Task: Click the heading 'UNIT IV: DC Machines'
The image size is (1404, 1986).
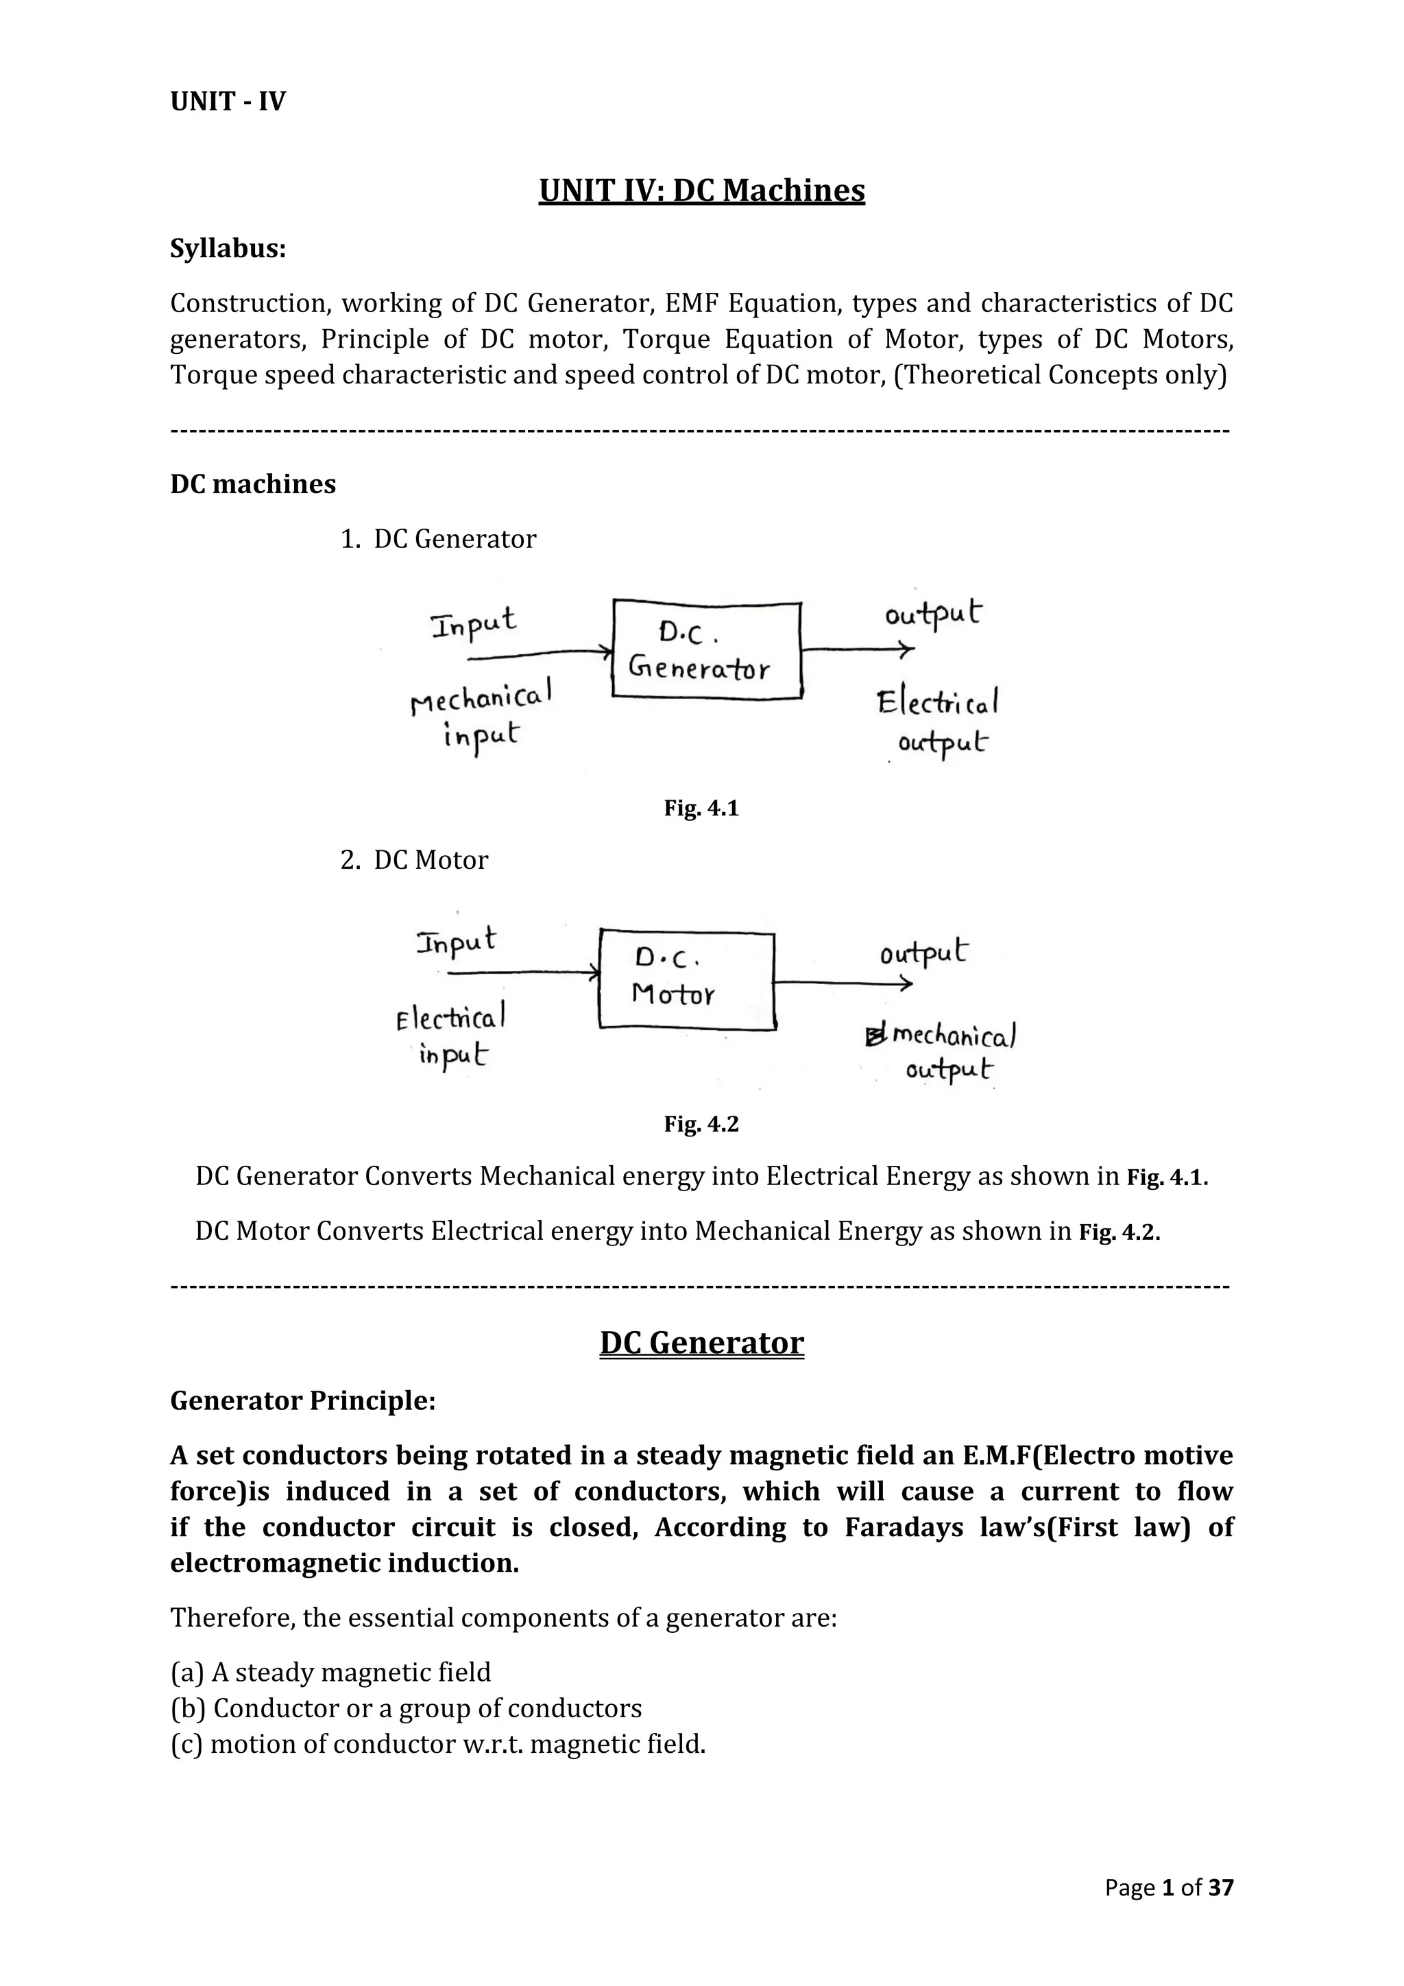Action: click(x=701, y=190)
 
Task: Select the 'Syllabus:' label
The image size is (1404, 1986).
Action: click(x=228, y=249)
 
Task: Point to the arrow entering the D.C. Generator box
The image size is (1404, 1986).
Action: click(x=540, y=656)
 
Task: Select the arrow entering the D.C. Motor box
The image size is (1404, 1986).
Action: click(x=524, y=973)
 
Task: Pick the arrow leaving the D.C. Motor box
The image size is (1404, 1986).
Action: click(x=843, y=983)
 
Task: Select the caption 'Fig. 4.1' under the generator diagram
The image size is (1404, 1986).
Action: click(x=701, y=809)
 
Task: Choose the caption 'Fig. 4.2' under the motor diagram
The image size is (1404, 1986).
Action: click(x=701, y=1125)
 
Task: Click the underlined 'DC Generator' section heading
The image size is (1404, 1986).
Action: click(x=701, y=1343)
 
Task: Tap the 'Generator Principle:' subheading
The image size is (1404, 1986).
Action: click(x=302, y=1401)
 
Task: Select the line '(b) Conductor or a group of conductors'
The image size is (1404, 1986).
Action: click(x=407, y=1708)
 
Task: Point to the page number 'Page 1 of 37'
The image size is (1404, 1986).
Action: click(x=1169, y=1887)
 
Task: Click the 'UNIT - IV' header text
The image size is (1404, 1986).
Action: click(x=228, y=102)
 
